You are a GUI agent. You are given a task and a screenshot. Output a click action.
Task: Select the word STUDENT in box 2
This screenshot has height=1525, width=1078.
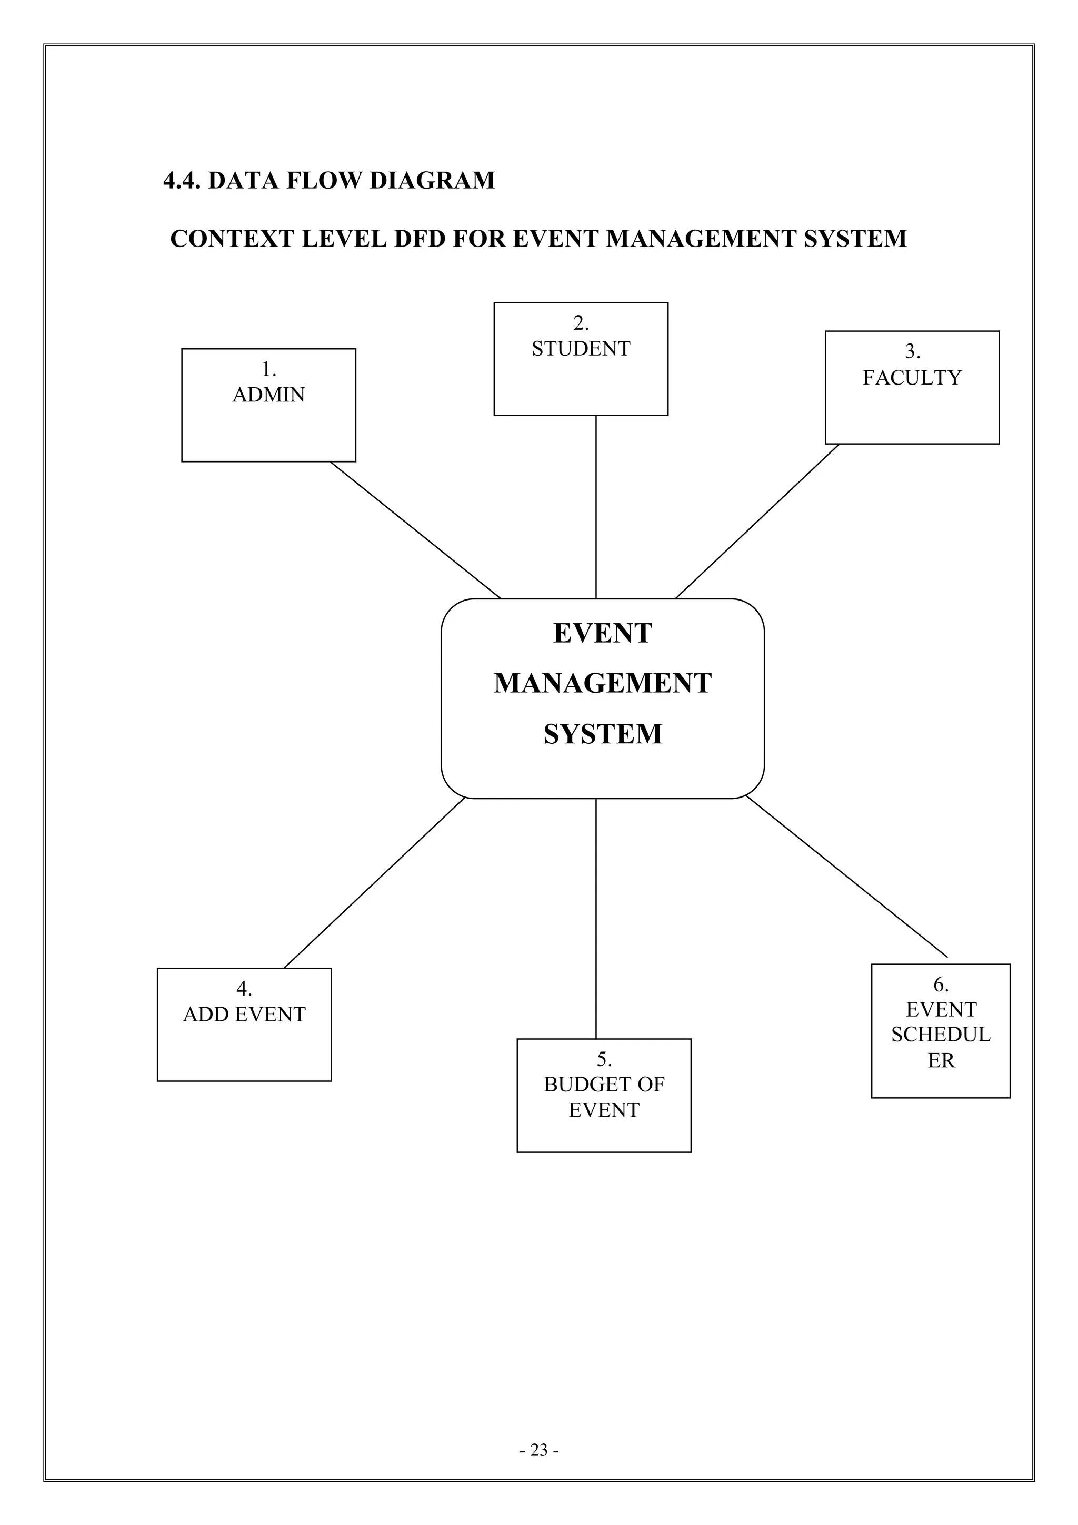580,349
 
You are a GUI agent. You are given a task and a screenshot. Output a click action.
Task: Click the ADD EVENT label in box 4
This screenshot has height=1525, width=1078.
244,1014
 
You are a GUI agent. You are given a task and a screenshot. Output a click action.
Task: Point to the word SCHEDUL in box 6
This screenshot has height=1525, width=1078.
940,1035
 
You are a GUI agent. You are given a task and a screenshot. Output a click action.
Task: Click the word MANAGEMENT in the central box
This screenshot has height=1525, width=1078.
602,683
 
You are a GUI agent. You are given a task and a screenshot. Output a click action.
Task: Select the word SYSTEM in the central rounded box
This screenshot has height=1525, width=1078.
602,734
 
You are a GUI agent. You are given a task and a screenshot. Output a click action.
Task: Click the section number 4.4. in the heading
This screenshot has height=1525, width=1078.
182,181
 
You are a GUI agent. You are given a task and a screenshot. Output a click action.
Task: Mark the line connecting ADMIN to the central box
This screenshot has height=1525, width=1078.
415,529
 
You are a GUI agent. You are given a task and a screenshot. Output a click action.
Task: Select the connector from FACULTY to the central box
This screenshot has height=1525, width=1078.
757,522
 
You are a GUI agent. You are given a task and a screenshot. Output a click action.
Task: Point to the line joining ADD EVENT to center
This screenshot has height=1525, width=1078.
374,883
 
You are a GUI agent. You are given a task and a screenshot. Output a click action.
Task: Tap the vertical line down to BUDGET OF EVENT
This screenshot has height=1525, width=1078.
595,917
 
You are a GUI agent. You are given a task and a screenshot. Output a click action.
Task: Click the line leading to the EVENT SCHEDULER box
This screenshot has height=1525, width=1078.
846,877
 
